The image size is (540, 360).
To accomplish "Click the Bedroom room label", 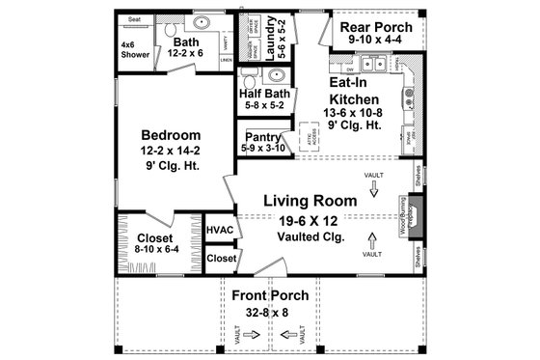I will click(x=170, y=134).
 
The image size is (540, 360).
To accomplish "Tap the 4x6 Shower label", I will click(x=134, y=50).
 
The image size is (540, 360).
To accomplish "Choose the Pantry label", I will click(x=261, y=137).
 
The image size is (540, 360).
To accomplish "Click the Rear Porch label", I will click(x=377, y=26).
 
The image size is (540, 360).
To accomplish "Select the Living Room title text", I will click(x=310, y=201).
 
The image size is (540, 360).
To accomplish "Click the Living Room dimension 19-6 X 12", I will click(x=310, y=221).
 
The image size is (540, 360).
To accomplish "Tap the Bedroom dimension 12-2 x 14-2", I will click(x=170, y=152).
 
